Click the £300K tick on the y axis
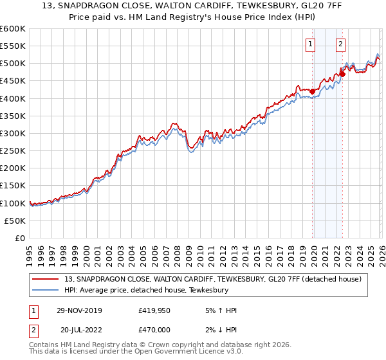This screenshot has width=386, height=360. point(13,133)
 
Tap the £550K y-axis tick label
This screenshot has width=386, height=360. point(13,46)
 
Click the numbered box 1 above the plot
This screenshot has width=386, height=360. point(310,44)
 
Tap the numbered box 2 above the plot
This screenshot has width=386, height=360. point(340,44)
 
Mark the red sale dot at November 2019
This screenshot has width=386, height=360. point(313,91)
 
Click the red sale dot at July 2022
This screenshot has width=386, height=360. point(342,74)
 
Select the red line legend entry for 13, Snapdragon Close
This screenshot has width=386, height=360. point(213,279)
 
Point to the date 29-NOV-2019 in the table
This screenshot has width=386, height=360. point(78,310)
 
